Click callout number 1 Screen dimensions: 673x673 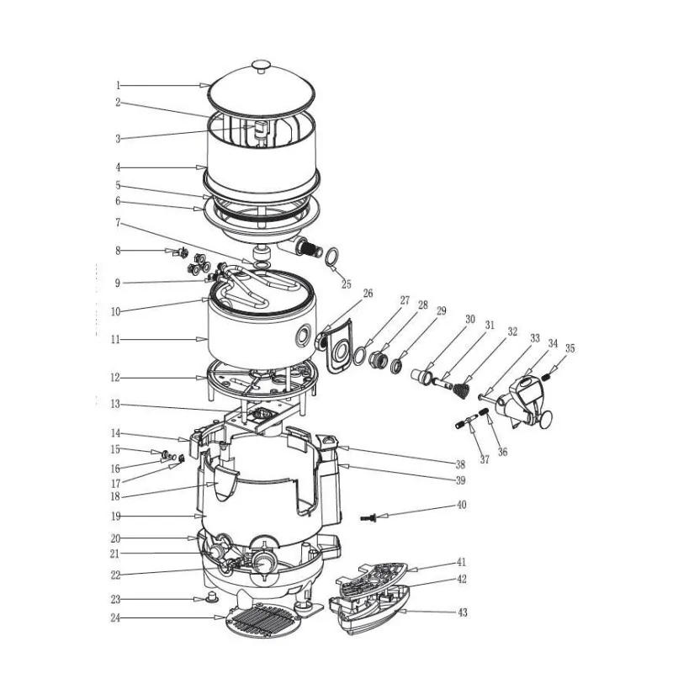[119, 85]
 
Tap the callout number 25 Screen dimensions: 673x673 [347, 284]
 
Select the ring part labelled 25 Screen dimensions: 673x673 [332, 255]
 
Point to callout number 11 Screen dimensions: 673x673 [118, 340]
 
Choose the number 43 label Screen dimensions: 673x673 [462, 613]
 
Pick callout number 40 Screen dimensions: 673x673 [461, 505]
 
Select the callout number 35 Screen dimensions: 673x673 [570, 348]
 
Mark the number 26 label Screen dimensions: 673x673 [368, 294]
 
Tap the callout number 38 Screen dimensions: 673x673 [460, 464]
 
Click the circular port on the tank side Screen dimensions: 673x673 [300, 338]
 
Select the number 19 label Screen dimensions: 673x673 [117, 515]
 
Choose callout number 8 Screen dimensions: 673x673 [119, 251]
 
